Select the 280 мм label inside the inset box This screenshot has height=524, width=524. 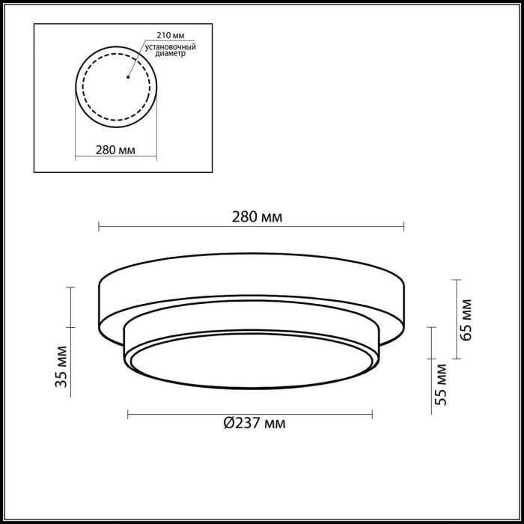[x=115, y=150]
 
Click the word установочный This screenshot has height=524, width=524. [x=170, y=46]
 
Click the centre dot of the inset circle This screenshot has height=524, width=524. [x=128, y=76]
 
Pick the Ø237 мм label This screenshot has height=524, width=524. [x=255, y=423]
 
